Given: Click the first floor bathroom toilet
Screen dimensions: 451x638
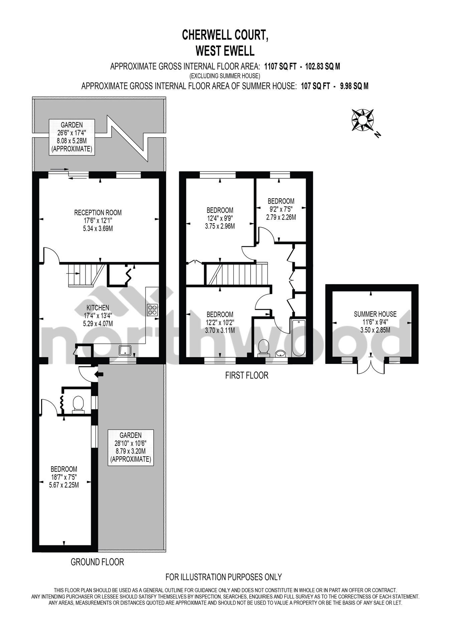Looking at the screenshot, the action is click(264, 347).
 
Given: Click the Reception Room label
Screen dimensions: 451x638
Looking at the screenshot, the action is click(98, 212).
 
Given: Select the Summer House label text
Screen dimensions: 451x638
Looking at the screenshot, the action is click(375, 314).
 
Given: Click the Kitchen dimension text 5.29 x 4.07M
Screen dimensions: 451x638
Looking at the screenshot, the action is click(98, 324).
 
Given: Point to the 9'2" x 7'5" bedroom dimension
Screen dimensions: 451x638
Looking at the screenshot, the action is click(281, 209).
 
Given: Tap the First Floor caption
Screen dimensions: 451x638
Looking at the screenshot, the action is click(247, 375).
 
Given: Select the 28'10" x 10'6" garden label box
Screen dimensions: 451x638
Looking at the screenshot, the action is click(131, 447).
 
